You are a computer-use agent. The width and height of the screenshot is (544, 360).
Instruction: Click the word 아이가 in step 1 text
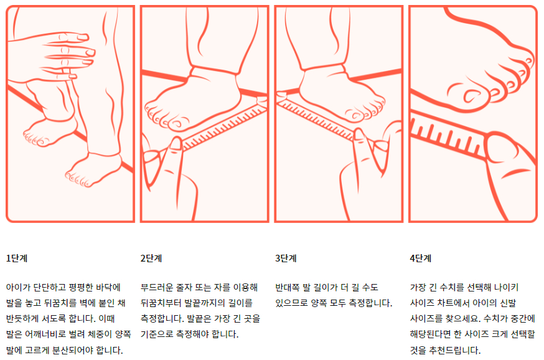(x=18, y=288)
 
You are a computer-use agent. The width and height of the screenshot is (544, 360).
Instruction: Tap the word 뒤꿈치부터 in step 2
(x=163, y=303)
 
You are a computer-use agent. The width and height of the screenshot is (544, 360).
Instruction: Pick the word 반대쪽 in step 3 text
(x=288, y=288)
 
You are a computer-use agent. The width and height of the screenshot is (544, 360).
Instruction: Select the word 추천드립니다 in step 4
(x=453, y=350)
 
